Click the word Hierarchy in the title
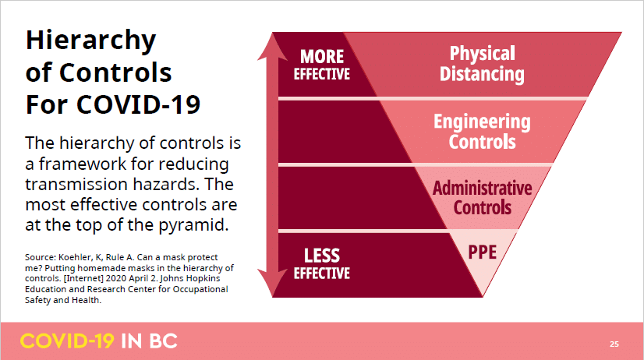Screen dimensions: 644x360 (90, 41)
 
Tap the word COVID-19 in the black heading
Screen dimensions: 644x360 (138, 104)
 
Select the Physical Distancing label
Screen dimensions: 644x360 (482, 64)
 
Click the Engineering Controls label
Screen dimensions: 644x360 (482, 132)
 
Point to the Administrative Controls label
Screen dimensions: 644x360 (482, 198)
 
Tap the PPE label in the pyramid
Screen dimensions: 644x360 (482, 252)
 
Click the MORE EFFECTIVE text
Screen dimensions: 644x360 (321, 65)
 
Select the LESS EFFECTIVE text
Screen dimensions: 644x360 (321, 263)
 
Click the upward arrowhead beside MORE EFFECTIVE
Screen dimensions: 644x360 (272, 47)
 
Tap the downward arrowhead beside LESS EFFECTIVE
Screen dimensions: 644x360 (272, 283)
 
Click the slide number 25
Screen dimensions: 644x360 (614, 344)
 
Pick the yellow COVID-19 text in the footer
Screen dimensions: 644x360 (67, 341)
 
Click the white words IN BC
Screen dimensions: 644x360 (149, 341)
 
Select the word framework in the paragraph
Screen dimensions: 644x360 (83, 164)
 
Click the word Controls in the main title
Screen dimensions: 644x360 (115, 72)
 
